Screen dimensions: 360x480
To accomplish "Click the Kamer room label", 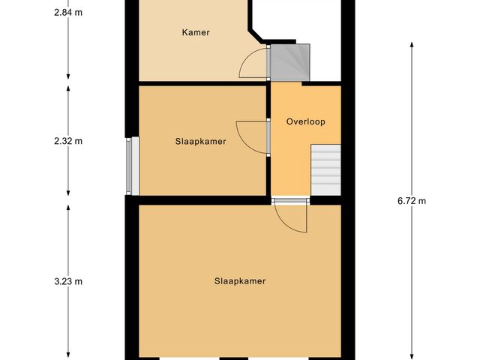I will coord(195,32).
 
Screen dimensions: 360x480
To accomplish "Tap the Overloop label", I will coord(305,121).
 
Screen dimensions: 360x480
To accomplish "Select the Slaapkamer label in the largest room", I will coord(240,281).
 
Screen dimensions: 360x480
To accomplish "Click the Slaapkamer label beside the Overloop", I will coord(200,141).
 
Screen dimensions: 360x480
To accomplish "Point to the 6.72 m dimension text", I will coord(412,200).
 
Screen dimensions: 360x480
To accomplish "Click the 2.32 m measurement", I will coord(68,141).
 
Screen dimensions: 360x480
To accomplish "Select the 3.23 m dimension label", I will coord(68,281).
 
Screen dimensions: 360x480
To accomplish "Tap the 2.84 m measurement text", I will coord(68,11).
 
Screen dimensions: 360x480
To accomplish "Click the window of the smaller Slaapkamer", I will coord(132,166).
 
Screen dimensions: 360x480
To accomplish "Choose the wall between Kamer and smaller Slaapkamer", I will coord(202,82).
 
